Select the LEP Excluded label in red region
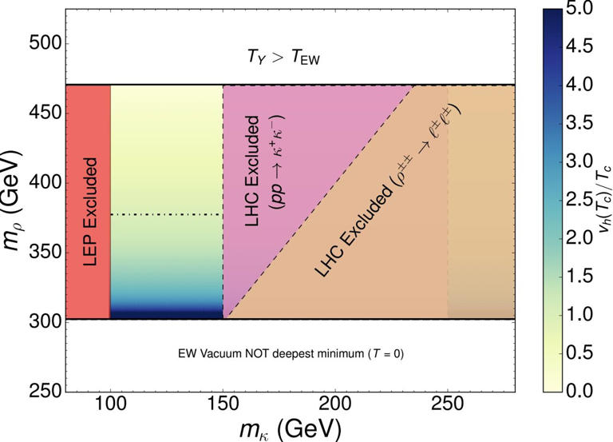[87, 201]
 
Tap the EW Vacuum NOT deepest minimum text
[289, 352]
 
